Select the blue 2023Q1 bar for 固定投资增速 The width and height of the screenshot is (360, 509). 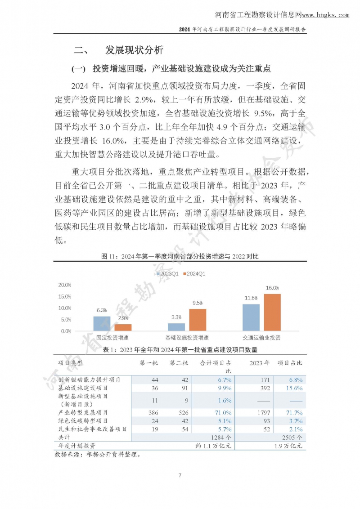coord(102,323)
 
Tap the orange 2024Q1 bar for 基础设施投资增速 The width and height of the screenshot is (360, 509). coord(198,320)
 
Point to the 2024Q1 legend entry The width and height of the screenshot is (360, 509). coord(193,273)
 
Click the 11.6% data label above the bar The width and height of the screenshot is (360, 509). coord(251,298)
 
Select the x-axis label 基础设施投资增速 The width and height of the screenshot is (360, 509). coord(186,337)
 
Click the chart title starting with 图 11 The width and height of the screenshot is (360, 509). coord(180,256)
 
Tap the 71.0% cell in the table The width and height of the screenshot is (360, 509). coord(223,412)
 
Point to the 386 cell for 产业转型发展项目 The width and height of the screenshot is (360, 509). coord(152,412)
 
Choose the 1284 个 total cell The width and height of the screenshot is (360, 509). coord(221,437)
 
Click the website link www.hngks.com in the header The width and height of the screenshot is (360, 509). coord(325,15)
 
